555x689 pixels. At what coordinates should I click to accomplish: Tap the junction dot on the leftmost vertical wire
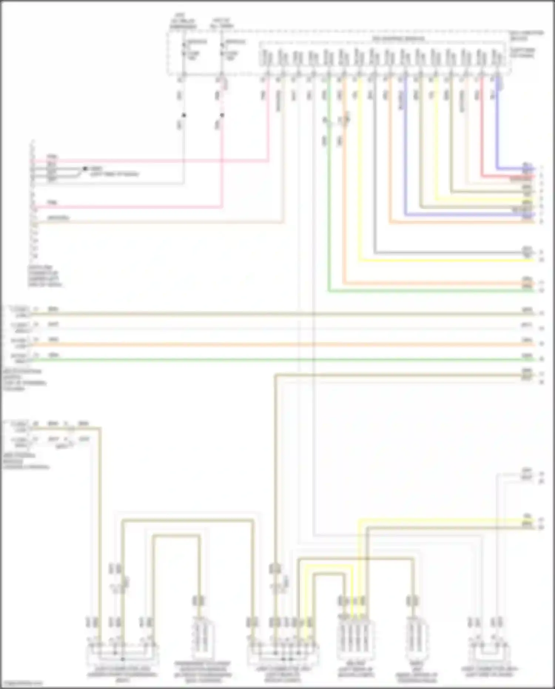pos(184,115)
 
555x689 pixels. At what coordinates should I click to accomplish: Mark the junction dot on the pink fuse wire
pos(222,115)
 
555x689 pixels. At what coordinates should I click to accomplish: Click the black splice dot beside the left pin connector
pos(85,168)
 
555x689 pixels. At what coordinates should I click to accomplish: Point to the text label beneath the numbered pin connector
pos(45,276)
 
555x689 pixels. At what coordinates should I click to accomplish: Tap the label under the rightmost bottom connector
pos(489,672)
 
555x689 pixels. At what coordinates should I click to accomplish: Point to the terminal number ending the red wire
pos(541,176)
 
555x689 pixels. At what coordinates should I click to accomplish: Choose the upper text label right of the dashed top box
pos(527,35)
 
